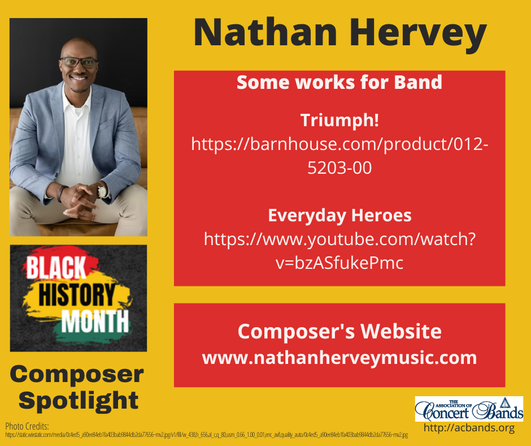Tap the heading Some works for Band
[339, 83]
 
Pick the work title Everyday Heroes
[339, 216]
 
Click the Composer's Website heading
[339, 331]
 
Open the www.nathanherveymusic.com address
[339, 358]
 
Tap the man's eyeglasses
[79, 63]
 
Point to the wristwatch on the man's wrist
[102, 191]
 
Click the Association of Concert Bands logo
[468, 409]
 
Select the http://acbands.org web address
[469, 428]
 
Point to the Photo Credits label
[27, 426]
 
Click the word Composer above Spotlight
[77, 374]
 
